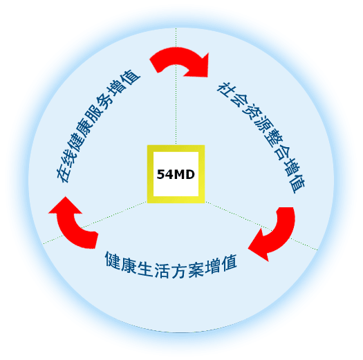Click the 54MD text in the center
click(176, 174)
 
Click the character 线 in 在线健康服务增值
click(69, 158)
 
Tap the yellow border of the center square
click(150, 174)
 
